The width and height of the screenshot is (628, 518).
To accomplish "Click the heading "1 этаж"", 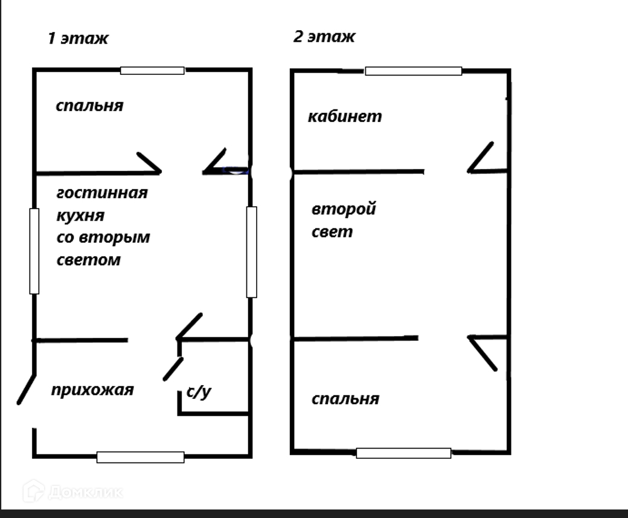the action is pos(78,39).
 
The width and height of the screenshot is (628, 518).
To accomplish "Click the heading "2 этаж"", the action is pos(324,36).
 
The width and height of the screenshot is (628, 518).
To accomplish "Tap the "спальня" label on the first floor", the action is pos(89,106).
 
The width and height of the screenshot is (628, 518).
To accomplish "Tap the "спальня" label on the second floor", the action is pos(345,399).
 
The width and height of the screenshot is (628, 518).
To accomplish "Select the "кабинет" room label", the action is pos(345,116).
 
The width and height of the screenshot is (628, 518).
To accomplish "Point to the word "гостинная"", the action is pos(102,193).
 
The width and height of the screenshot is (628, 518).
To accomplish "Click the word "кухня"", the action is pos(80,215).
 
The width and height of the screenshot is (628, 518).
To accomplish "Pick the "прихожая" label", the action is pos(92,390).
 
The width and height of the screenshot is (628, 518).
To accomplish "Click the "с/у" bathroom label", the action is pos(199,392).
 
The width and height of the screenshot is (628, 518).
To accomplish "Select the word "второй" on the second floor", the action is pos(344,209).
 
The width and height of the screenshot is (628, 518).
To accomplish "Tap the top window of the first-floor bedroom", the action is pos(152,71).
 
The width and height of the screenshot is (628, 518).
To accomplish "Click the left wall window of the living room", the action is pos(34,251).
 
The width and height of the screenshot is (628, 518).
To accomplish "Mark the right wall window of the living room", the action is pos(251,251).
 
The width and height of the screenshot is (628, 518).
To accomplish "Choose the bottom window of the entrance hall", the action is pos(140,457).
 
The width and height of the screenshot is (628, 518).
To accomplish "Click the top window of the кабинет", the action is pos(413,71).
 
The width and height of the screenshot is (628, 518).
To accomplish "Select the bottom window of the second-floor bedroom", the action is pos(403,453).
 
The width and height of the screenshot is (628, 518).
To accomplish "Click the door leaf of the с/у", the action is pos(173,369).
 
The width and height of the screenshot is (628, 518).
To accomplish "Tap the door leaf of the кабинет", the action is pos(481,157).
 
